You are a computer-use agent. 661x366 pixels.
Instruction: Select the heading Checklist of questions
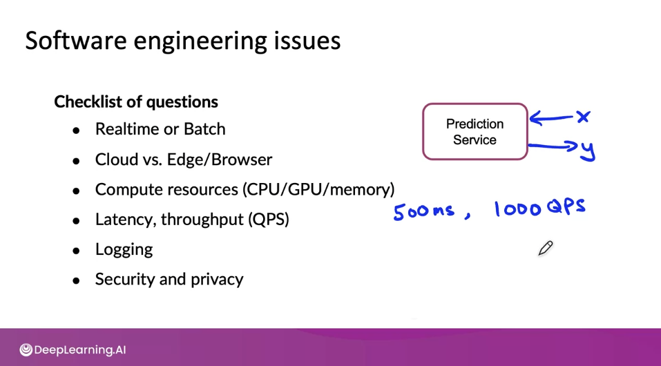[136, 102]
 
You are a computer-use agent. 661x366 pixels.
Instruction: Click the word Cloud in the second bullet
[116, 160]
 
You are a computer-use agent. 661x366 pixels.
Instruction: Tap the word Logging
[124, 249]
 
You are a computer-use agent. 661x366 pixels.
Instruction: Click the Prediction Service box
[475, 132]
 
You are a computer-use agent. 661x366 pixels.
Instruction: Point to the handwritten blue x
[584, 117]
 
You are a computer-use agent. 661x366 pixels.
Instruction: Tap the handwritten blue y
[588, 151]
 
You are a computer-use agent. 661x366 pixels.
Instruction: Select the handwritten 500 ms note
[423, 211]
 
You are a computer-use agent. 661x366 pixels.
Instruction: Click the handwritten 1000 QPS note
[539, 207]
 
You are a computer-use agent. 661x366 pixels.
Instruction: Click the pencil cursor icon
[545, 249]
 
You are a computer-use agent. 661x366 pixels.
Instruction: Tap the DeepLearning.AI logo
[73, 350]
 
